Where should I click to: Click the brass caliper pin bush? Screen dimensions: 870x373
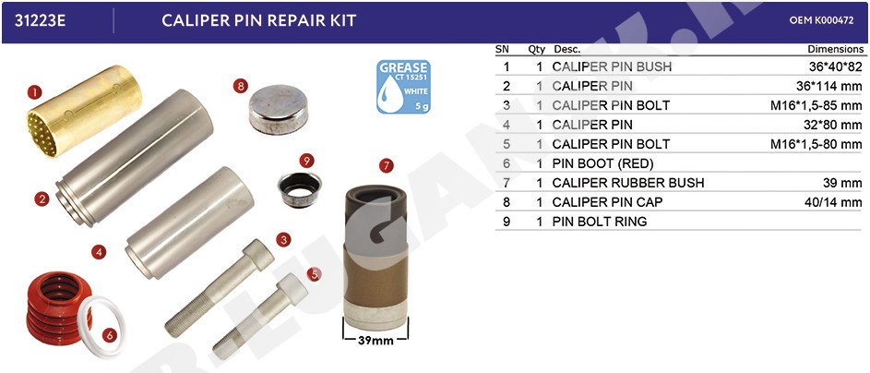(x=84, y=111)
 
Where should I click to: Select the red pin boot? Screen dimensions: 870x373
(x=58, y=308)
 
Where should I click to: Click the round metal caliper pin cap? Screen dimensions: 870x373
(x=278, y=109)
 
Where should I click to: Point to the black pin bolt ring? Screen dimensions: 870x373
(x=299, y=189)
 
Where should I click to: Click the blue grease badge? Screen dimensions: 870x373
(x=403, y=87)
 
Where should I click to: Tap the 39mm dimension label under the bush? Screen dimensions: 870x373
(x=375, y=341)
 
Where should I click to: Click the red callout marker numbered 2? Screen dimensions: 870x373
(x=42, y=199)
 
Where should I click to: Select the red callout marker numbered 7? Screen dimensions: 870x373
(x=387, y=165)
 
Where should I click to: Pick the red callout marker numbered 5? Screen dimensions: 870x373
(x=314, y=273)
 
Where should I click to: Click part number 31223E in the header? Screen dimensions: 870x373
(x=40, y=20)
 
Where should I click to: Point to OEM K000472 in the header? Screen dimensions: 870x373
(x=822, y=20)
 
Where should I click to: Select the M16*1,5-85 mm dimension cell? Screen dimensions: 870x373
(x=816, y=105)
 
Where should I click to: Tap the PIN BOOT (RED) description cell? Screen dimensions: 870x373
(x=602, y=163)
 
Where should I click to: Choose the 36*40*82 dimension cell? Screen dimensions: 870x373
(x=836, y=66)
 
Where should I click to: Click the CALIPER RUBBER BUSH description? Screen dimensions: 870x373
(x=628, y=183)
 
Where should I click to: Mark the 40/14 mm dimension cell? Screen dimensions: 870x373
(x=833, y=202)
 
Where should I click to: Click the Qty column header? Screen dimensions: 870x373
(x=537, y=49)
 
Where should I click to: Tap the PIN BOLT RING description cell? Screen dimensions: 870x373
(x=600, y=222)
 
